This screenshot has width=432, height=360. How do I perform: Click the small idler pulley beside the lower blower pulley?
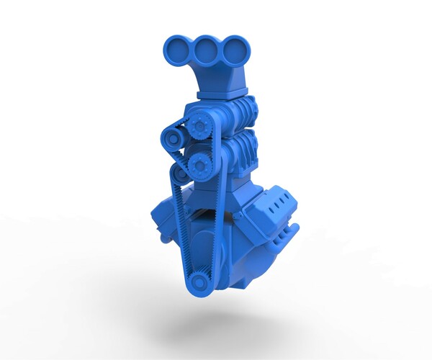[x=180, y=174]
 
